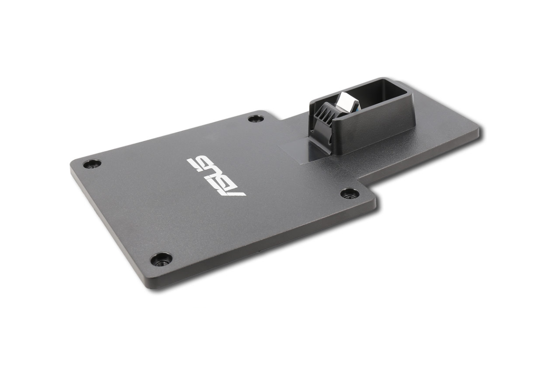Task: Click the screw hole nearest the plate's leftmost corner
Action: [92, 163]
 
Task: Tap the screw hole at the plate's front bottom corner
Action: [161, 259]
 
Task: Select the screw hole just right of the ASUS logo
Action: [350, 194]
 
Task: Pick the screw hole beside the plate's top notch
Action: [256, 118]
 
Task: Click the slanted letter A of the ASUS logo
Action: [231, 190]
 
